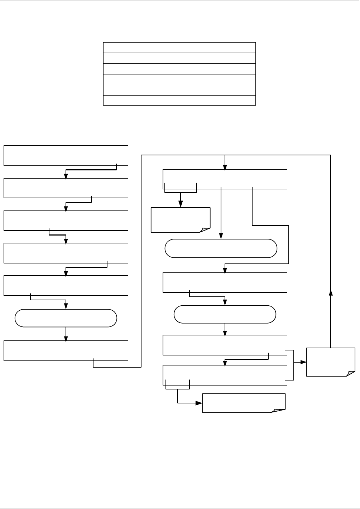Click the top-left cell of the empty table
click(139, 48)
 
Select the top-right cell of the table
click(215, 48)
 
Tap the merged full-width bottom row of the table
click(179, 100)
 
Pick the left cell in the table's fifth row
click(139, 90)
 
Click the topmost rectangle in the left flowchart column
click(66, 155)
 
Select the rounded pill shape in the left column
click(66, 318)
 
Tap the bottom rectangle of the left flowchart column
click(66, 350)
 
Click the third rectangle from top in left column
click(66, 220)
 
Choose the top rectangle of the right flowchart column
click(225, 179)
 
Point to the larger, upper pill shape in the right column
click(221, 248)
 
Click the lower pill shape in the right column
click(225, 314)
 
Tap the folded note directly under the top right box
click(181, 220)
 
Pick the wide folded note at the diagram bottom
click(244, 403)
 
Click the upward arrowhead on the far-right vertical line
click(331, 292)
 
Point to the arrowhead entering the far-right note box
click(304, 362)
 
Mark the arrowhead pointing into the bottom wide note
click(200, 403)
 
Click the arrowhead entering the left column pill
click(66, 307)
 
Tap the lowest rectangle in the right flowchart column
click(225, 375)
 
